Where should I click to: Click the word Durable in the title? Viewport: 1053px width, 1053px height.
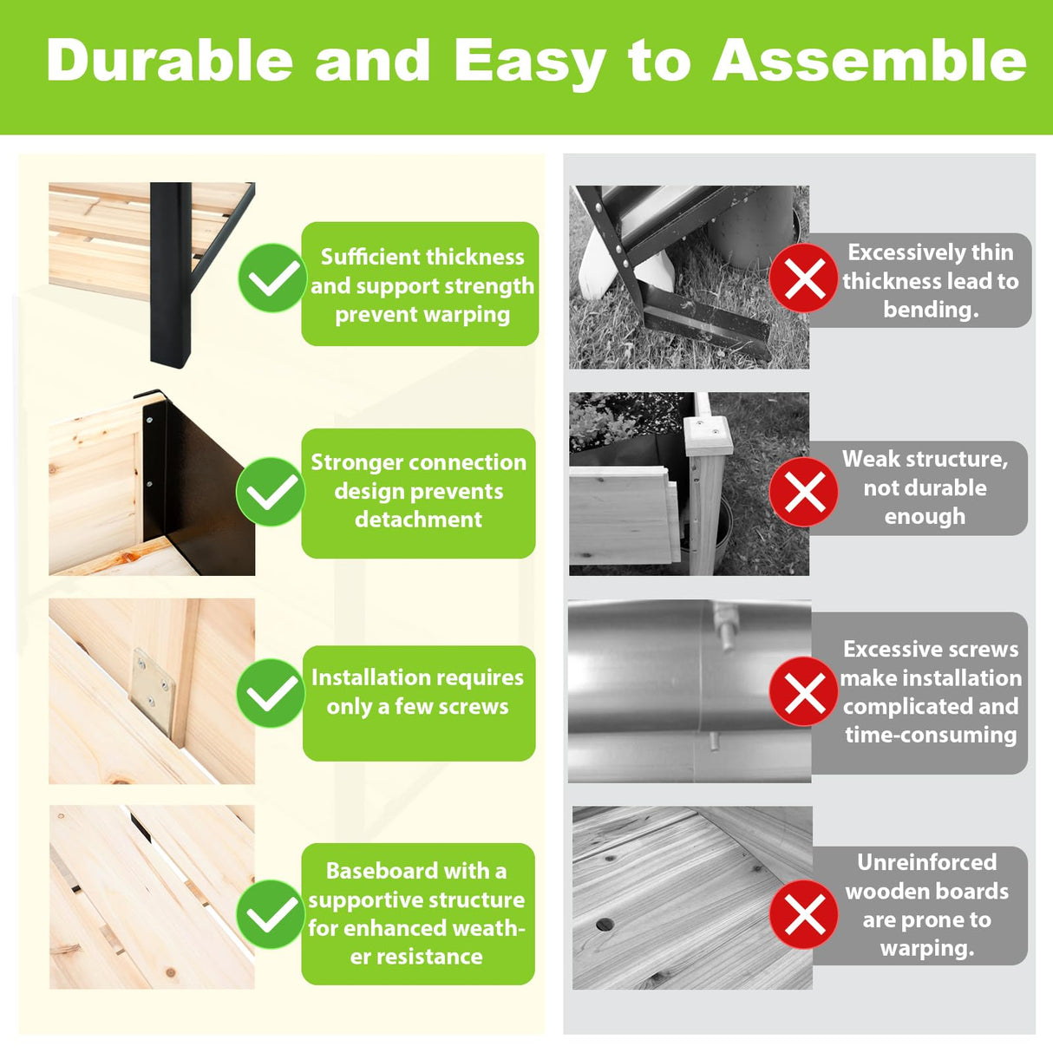169,60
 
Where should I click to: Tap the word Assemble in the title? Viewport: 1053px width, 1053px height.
869,60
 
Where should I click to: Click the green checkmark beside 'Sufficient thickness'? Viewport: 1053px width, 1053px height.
272,278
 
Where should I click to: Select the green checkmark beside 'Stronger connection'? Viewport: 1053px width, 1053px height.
271,492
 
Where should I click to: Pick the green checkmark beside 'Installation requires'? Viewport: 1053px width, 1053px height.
271,692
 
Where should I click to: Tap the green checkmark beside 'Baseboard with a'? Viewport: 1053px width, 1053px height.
271,914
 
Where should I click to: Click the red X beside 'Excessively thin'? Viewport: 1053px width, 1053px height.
804,278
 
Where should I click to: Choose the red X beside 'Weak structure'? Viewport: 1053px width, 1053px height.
804,492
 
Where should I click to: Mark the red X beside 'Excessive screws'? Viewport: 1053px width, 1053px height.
804,691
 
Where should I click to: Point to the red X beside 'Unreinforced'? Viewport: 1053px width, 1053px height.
804,914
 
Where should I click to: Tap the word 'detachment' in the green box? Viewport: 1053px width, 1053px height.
419,519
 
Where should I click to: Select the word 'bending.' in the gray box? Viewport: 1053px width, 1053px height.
931,310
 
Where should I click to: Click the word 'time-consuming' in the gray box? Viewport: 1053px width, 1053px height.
931,735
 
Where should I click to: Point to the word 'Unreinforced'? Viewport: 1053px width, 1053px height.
926,863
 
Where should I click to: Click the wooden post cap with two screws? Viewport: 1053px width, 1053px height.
708,435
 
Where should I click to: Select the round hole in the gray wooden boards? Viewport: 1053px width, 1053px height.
605,925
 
